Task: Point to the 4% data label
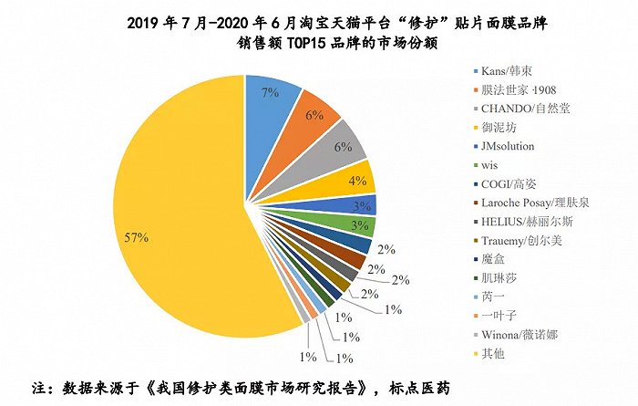pyautogui.click(x=357, y=180)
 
